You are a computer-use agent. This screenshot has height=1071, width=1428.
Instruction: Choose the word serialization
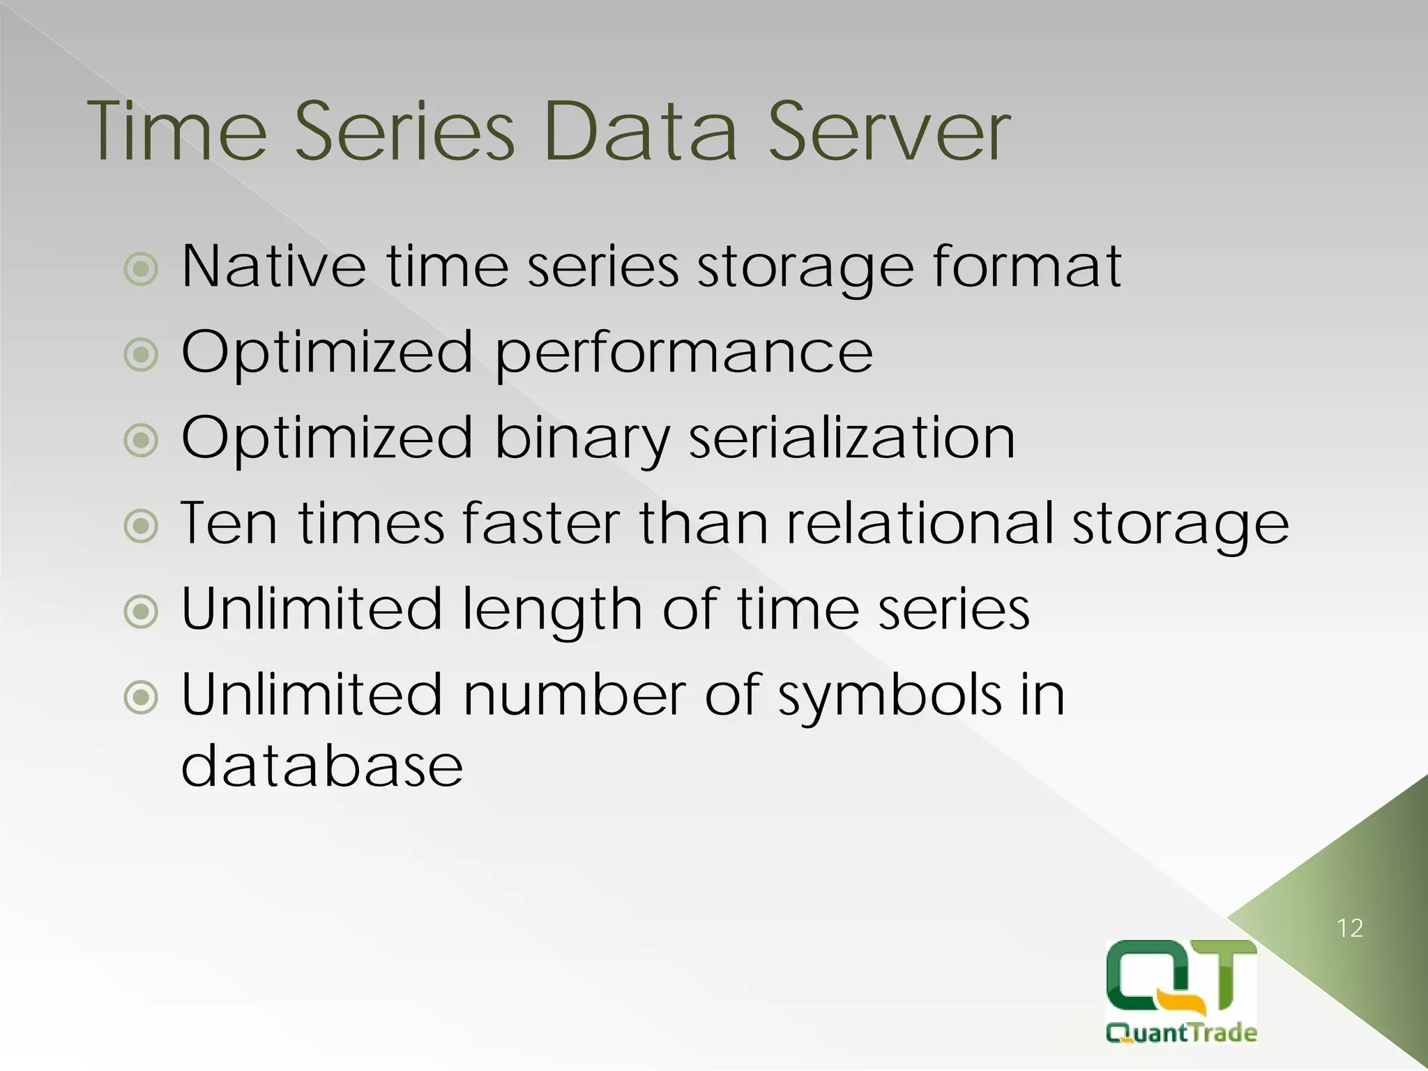[852, 438]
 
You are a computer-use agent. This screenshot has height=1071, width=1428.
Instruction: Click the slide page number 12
[1350, 928]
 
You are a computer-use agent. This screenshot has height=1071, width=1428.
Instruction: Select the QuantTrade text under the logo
[1181, 1032]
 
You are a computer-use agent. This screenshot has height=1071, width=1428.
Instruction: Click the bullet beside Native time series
[142, 269]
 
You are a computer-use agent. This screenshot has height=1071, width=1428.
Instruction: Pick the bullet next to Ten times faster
[142, 526]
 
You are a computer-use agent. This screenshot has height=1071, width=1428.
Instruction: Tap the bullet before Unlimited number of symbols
[142, 698]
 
